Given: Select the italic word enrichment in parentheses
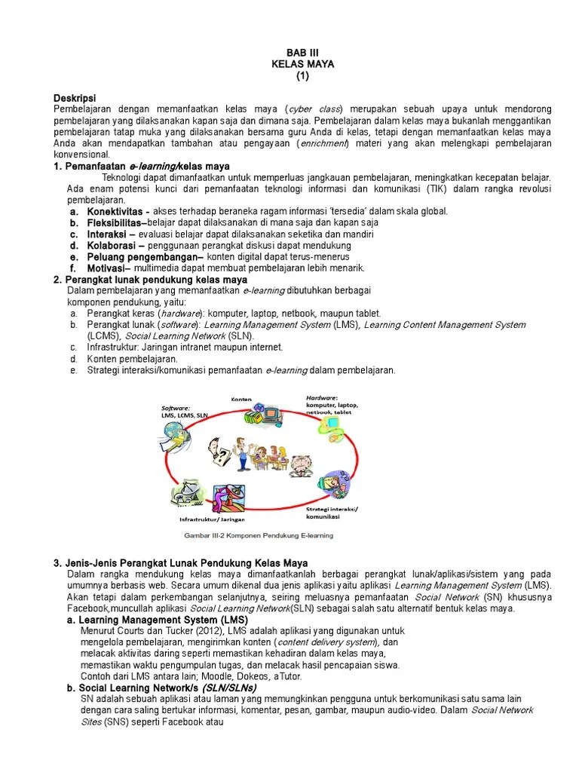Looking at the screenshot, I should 323,143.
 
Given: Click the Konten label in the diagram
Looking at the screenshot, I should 240,398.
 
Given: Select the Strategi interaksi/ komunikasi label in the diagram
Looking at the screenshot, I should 332,513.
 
